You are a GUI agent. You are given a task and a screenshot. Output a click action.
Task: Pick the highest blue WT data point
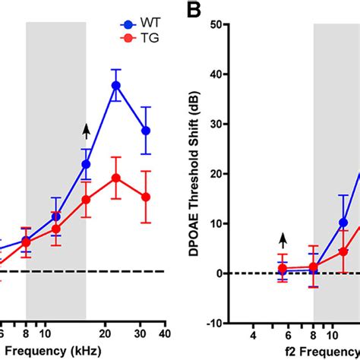coord(116,85)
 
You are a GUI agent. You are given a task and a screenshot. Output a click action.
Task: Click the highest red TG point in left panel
coord(116,178)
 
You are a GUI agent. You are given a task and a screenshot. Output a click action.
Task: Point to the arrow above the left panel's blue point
coord(86,132)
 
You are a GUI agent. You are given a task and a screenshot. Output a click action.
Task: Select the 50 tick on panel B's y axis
coord(236,25)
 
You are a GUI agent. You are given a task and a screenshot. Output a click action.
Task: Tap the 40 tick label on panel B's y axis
coord(236,74)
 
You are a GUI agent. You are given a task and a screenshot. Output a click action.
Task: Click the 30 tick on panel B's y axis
coord(236,125)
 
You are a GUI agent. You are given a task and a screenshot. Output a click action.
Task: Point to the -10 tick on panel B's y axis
coord(235,324)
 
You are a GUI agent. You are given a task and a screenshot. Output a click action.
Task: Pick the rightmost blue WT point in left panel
coord(147,131)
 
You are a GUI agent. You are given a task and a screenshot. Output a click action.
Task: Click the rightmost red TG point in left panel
coord(147,197)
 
